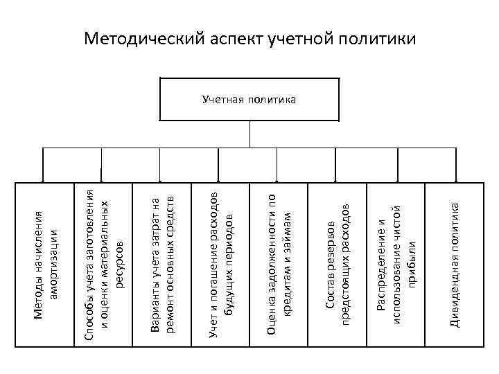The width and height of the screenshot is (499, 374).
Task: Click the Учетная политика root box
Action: tap(249, 100)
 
